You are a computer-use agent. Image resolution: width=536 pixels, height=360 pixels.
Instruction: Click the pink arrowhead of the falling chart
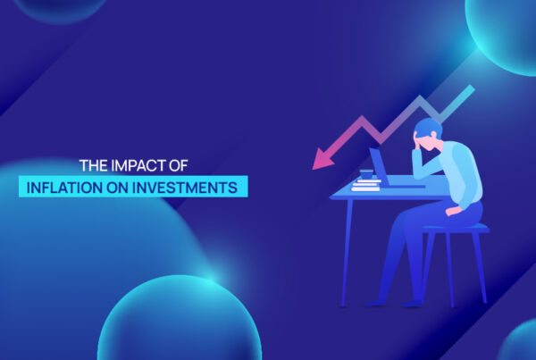click(x=318, y=160)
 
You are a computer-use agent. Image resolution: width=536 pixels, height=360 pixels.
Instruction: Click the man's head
click(x=430, y=134)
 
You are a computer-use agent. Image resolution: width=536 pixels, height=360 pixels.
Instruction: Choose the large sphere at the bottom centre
click(x=179, y=322)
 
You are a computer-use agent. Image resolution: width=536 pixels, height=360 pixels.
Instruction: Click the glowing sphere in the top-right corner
click(x=505, y=31)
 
